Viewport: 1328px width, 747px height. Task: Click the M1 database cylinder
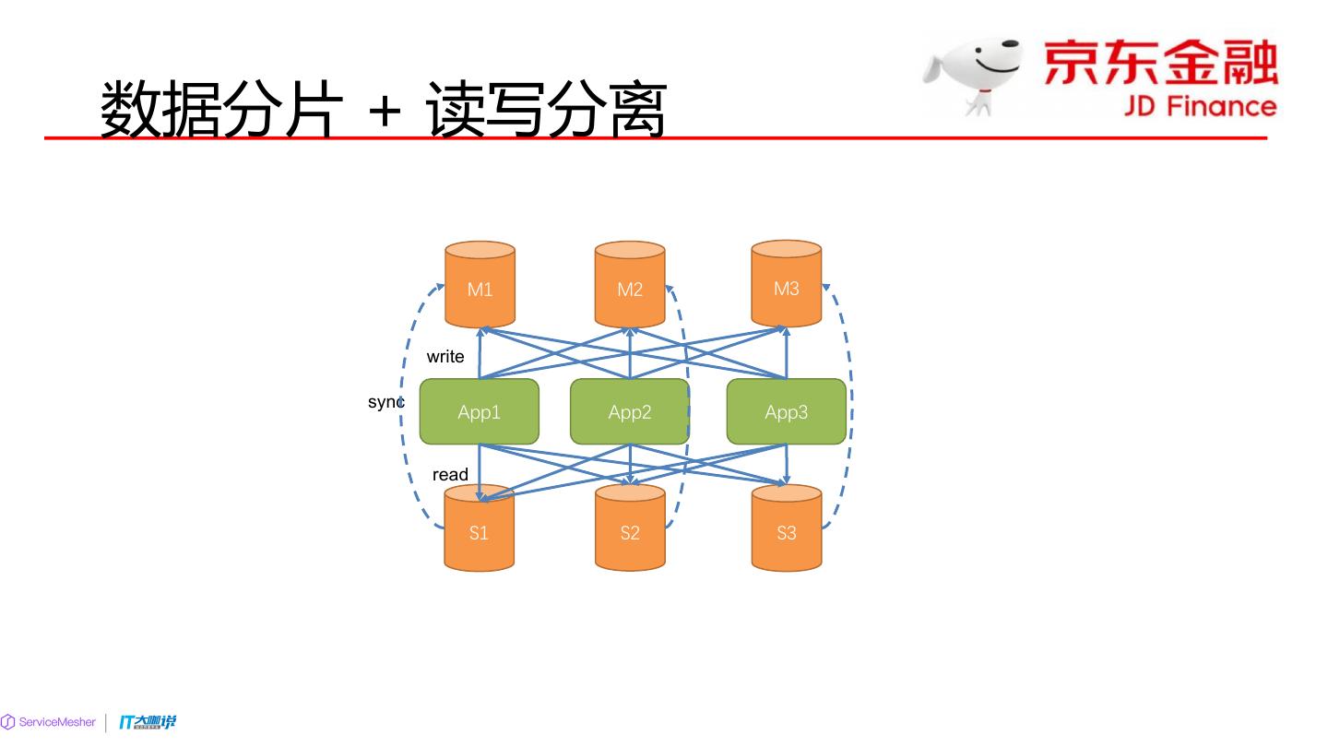pyautogui.click(x=480, y=285)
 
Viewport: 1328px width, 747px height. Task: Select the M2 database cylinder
pyautogui.click(x=630, y=285)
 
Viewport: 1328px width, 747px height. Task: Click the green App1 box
pyautogui.click(x=480, y=411)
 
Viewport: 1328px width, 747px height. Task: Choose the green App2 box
pyautogui.click(x=629, y=411)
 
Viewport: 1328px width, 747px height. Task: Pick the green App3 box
pyautogui.click(x=786, y=411)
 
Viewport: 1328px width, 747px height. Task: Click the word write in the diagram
pyautogui.click(x=445, y=357)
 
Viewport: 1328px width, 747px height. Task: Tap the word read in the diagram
pyautogui.click(x=450, y=475)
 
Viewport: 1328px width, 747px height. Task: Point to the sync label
pyautogui.click(x=385, y=402)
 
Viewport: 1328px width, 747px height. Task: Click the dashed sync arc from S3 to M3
pyautogui.click(x=849, y=406)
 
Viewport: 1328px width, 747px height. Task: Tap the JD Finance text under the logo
pyautogui.click(x=1200, y=106)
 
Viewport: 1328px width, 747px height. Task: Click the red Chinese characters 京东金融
pyautogui.click(x=1160, y=63)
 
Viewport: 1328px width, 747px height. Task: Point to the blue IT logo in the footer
pyautogui.click(x=147, y=722)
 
